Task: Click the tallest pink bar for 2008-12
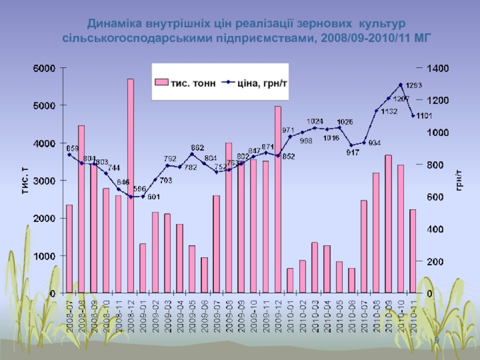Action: pyautogui.click(x=130, y=186)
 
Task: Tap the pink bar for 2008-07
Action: pyautogui.click(x=69, y=249)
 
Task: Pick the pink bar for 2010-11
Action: pyautogui.click(x=413, y=251)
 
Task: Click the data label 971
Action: pyautogui.click(x=288, y=130)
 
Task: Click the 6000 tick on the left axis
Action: pyautogui.click(x=43, y=68)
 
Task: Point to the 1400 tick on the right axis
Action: pyautogui.click(x=439, y=68)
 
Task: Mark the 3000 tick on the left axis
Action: pyautogui.click(x=43, y=181)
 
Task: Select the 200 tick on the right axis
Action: pyautogui.click(x=436, y=262)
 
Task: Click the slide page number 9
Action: pyautogui.click(x=436, y=340)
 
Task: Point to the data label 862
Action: pyautogui.click(x=197, y=147)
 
